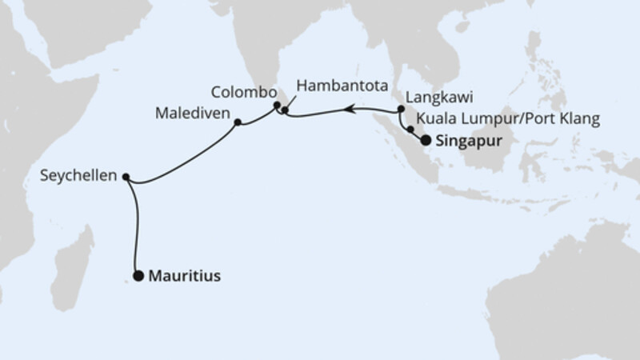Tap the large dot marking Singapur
[x=426, y=140]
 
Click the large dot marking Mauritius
[x=138, y=277]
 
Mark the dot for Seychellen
[x=126, y=177]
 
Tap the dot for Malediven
[x=238, y=122]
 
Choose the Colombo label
[x=244, y=91]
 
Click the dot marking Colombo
[x=277, y=104]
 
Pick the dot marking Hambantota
[x=286, y=111]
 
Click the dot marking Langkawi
[x=400, y=109]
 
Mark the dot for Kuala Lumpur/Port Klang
[x=410, y=128]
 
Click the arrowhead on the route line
[x=349, y=110]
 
